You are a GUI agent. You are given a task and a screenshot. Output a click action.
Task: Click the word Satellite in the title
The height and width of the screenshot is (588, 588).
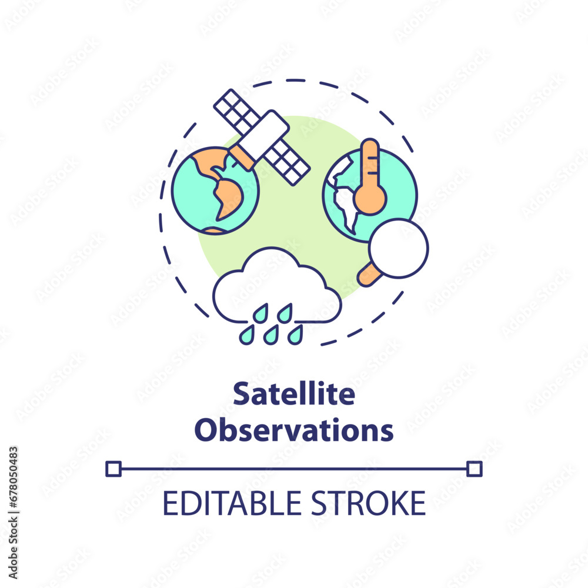click(x=294, y=394)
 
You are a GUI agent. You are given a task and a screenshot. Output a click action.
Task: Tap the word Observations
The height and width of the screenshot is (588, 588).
click(x=294, y=430)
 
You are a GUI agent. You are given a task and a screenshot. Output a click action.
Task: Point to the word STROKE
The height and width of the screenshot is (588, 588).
click(x=369, y=503)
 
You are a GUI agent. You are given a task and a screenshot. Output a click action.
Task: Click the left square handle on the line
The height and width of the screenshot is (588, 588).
click(x=113, y=469)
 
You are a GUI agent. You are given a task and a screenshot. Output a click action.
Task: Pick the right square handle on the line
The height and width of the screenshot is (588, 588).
click(x=475, y=469)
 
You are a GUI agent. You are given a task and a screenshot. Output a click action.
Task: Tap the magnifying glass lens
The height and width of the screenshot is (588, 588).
click(x=399, y=248)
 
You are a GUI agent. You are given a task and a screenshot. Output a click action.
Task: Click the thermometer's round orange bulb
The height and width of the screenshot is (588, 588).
click(x=370, y=199)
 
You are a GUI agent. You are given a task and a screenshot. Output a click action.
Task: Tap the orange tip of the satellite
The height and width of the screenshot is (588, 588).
click(x=242, y=158)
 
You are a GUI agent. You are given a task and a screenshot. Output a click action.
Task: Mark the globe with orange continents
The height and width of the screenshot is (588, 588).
click(x=215, y=191)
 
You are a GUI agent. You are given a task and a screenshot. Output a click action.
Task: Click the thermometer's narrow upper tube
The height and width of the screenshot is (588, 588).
click(x=370, y=162)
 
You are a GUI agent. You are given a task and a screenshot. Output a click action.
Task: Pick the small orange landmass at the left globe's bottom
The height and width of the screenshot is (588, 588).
click(x=214, y=231)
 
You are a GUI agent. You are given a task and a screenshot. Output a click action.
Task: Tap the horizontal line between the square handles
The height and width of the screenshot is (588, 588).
click(x=294, y=469)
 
